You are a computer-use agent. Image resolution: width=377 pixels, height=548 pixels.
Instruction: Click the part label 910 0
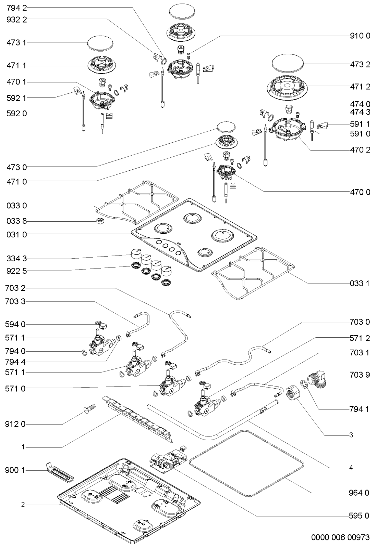360,36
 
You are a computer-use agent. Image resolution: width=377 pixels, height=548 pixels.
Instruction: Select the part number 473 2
360,64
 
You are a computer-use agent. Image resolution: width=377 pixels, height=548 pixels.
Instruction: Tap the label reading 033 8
16,221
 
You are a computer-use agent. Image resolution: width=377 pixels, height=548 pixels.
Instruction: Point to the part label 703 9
360,375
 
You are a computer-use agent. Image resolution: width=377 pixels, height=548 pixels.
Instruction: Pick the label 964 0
360,493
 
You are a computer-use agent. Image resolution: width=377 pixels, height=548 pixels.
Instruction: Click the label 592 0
16,113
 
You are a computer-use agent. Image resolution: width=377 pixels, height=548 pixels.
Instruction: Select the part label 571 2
360,338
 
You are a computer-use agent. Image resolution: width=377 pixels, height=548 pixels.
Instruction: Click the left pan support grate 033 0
137,200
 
